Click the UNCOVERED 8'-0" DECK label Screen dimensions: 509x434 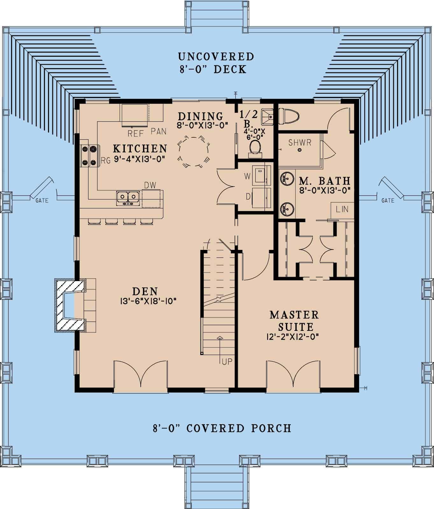(216, 63)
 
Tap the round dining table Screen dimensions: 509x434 (194, 151)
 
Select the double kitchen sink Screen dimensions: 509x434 (128, 197)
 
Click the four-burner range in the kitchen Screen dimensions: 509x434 (89, 156)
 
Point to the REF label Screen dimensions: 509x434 (136, 134)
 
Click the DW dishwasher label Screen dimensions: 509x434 (150, 185)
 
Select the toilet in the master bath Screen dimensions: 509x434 (289, 116)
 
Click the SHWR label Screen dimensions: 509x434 (300, 142)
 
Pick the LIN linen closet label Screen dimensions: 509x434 (342, 209)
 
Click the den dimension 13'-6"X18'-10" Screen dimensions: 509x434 (145, 301)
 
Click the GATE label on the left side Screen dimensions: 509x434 (42, 200)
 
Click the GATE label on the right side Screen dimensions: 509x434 (388, 200)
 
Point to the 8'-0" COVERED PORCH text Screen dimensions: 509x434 (222, 428)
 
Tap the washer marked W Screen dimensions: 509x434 (261, 175)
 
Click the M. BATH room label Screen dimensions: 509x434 (324, 181)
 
